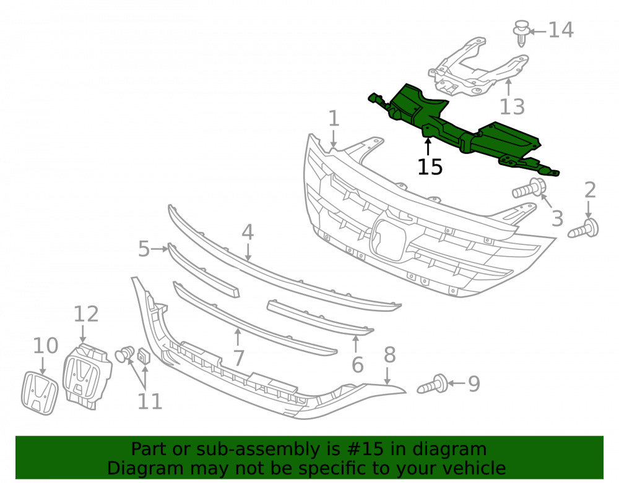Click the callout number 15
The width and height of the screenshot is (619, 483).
pyautogui.click(x=430, y=167)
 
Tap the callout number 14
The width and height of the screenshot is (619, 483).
pyautogui.click(x=561, y=30)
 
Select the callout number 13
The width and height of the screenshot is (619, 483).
pyautogui.click(x=512, y=106)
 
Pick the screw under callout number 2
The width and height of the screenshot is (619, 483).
pyautogui.click(x=584, y=229)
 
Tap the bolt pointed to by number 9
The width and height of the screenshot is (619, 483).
pyautogui.click(x=433, y=384)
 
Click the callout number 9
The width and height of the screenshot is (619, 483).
pyautogui.click(x=474, y=383)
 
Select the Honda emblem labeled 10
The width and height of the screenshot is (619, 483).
pyautogui.click(x=40, y=393)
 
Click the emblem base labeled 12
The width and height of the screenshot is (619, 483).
pyautogui.click(x=87, y=376)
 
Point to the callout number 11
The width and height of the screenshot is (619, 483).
pyautogui.click(x=150, y=401)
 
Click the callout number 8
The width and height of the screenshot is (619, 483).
pyautogui.click(x=389, y=354)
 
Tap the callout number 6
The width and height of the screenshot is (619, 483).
pyautogui.click(x=357, y=365)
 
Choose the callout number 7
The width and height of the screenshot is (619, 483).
pyautogui.click(x=238, y=358)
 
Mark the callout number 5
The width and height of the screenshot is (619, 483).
pyautogui.click(x=144, y=249)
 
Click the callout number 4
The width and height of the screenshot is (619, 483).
pyautogui.click(x=248, y=233)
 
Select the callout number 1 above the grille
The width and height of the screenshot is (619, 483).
pyautogui.click(x=334, y=118)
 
